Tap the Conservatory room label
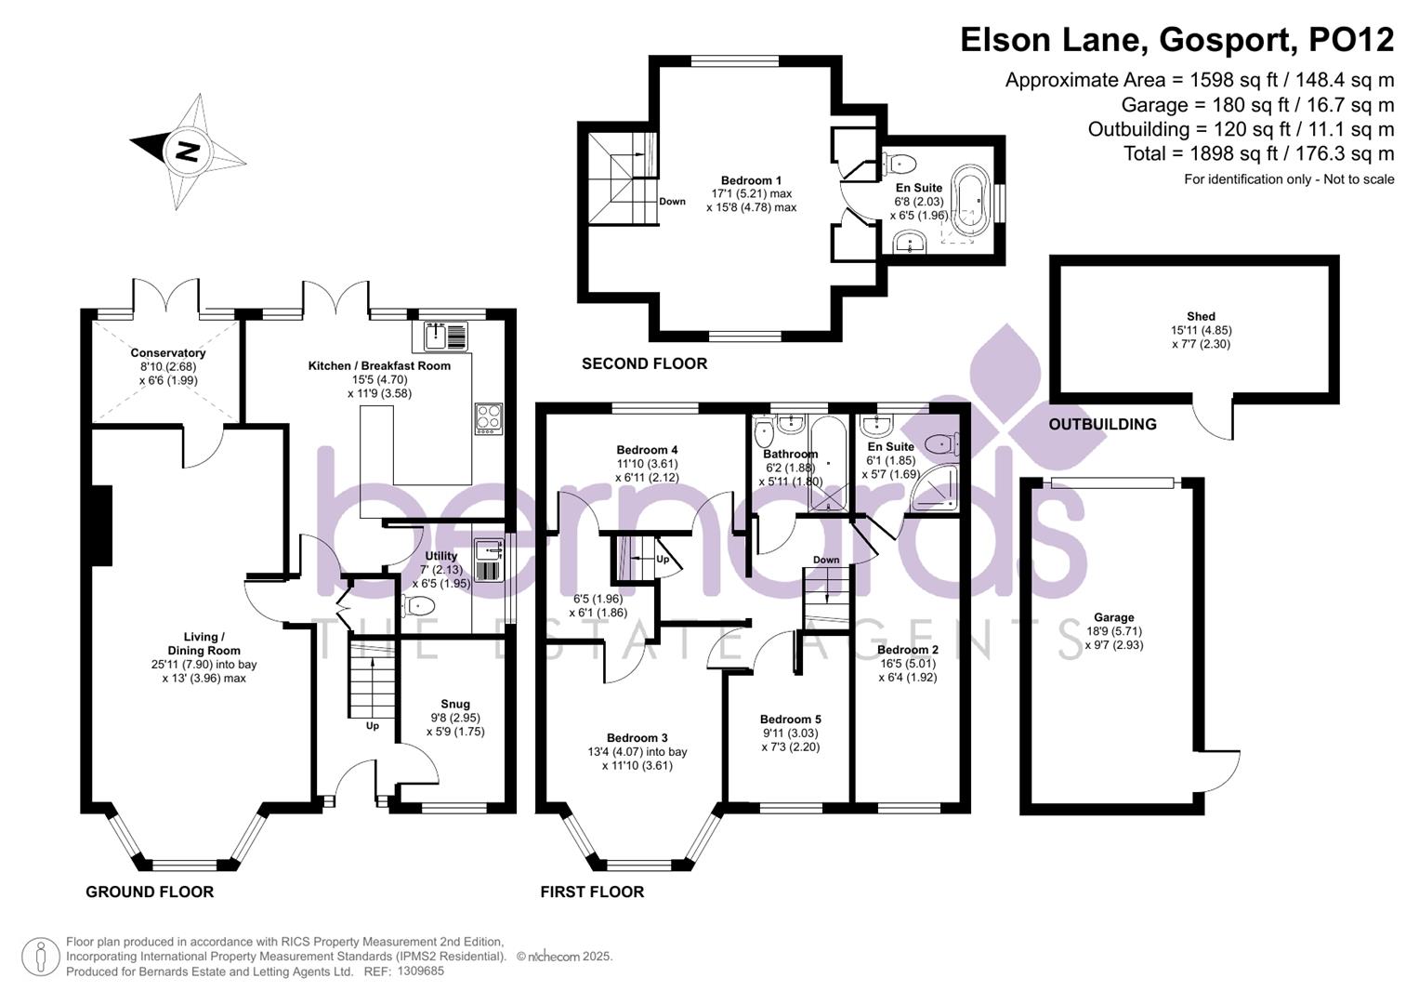click(168, 353)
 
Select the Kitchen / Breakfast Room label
click(379, 366)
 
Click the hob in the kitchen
click(489, 418)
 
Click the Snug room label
click(455, 705)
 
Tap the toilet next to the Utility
click(419, 606)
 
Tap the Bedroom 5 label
click(790, 720)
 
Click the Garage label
click(1113, 618)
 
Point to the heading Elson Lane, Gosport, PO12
click(1176, 40)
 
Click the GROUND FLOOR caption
click(150, 892)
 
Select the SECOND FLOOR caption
click(644, 364)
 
